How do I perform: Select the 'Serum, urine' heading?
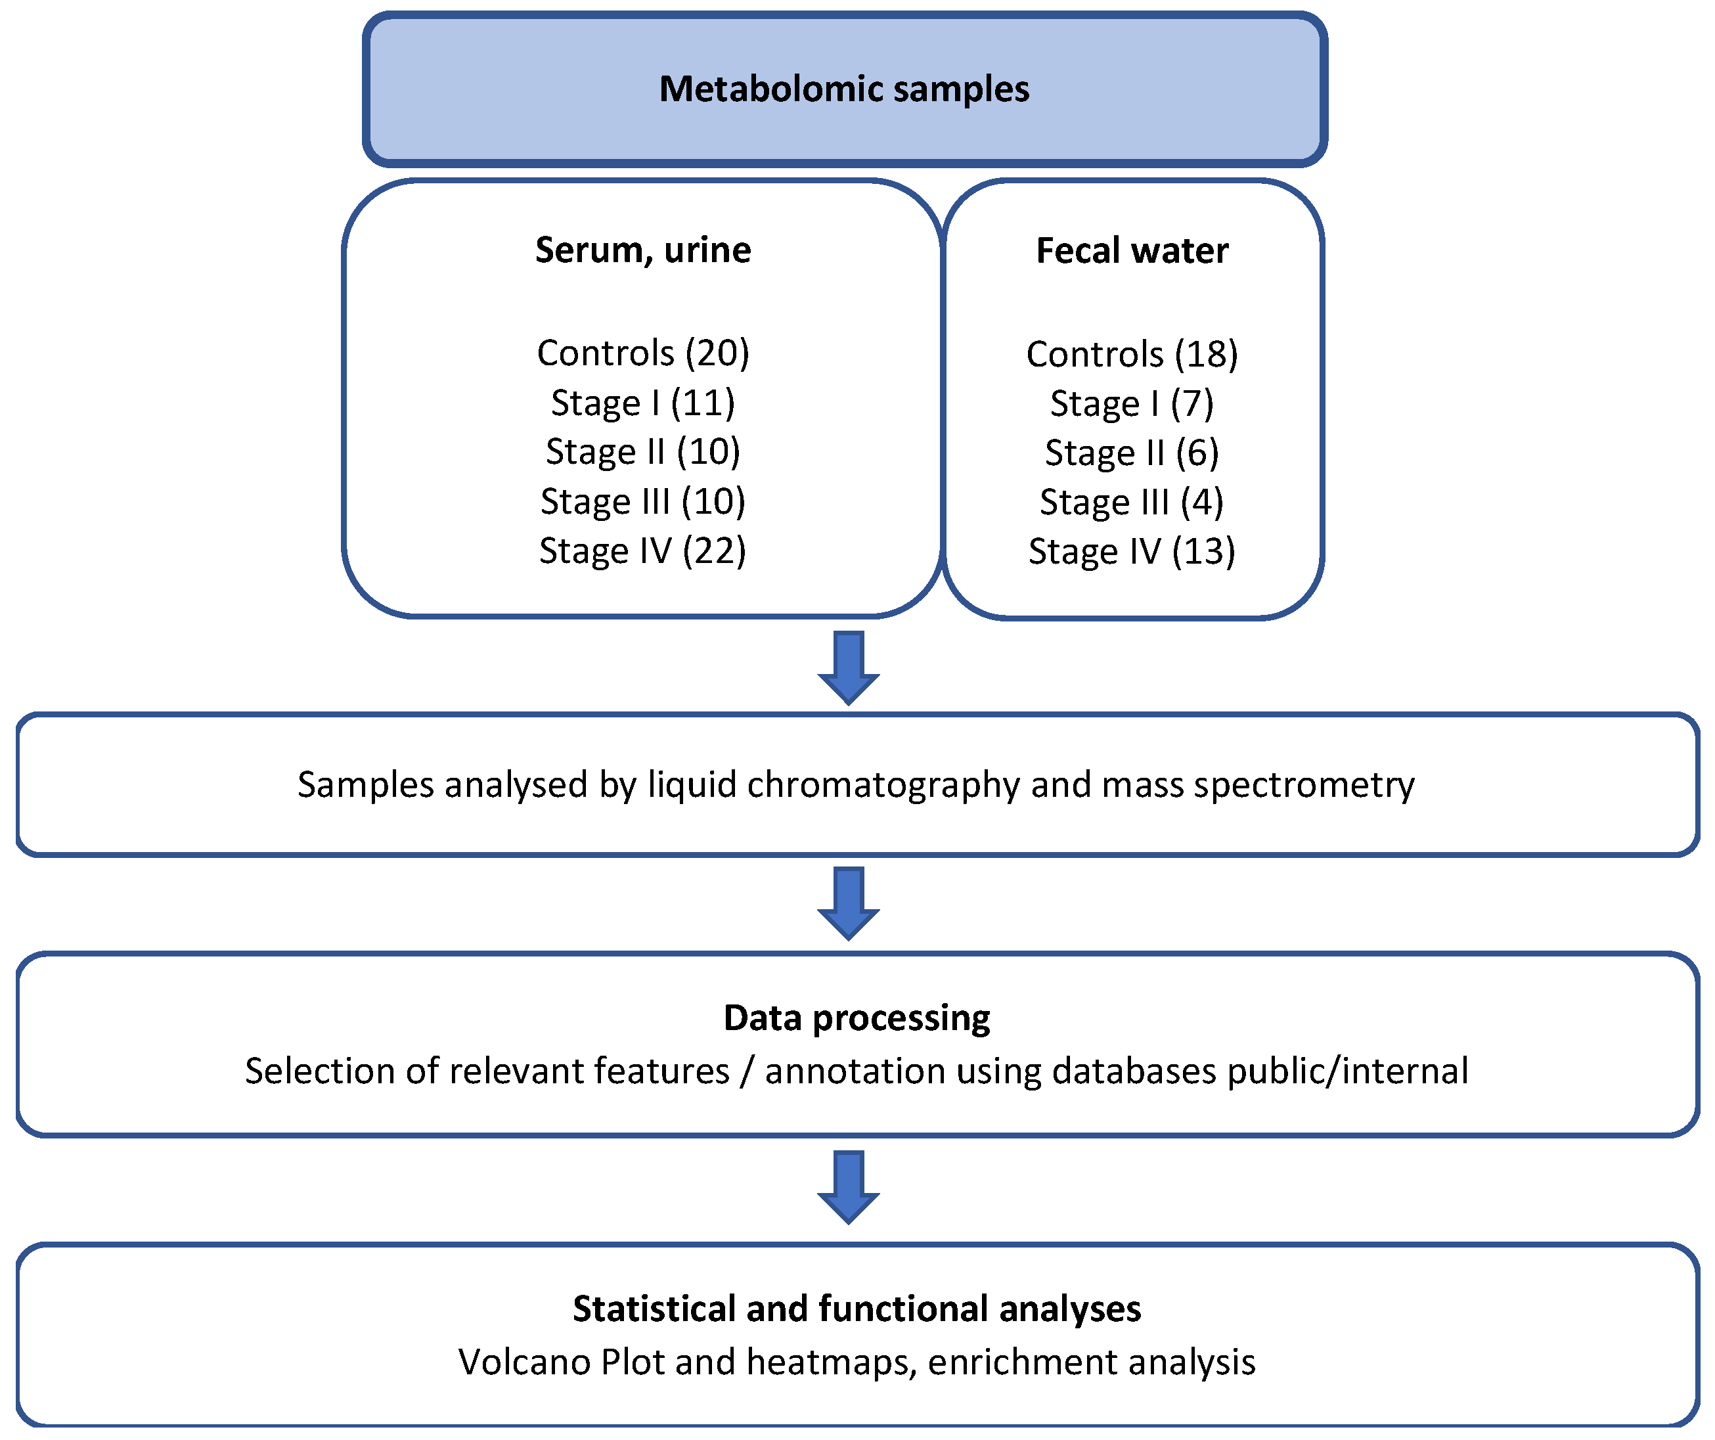(643, 250)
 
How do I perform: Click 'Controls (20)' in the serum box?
(643, 353)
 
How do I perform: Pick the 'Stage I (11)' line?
(643, 403)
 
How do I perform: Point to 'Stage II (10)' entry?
(643, 452)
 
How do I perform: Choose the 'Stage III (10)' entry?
(643, 501)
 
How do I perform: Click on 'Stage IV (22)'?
(643, 551)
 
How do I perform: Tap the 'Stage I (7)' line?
(1132, 403)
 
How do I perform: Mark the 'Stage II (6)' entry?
(1132, 453)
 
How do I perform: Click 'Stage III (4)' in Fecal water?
(1132, 503)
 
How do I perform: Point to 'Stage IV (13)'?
(1132, 551)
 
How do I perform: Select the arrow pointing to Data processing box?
(849, 903)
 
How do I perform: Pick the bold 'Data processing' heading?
(857, 1018)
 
